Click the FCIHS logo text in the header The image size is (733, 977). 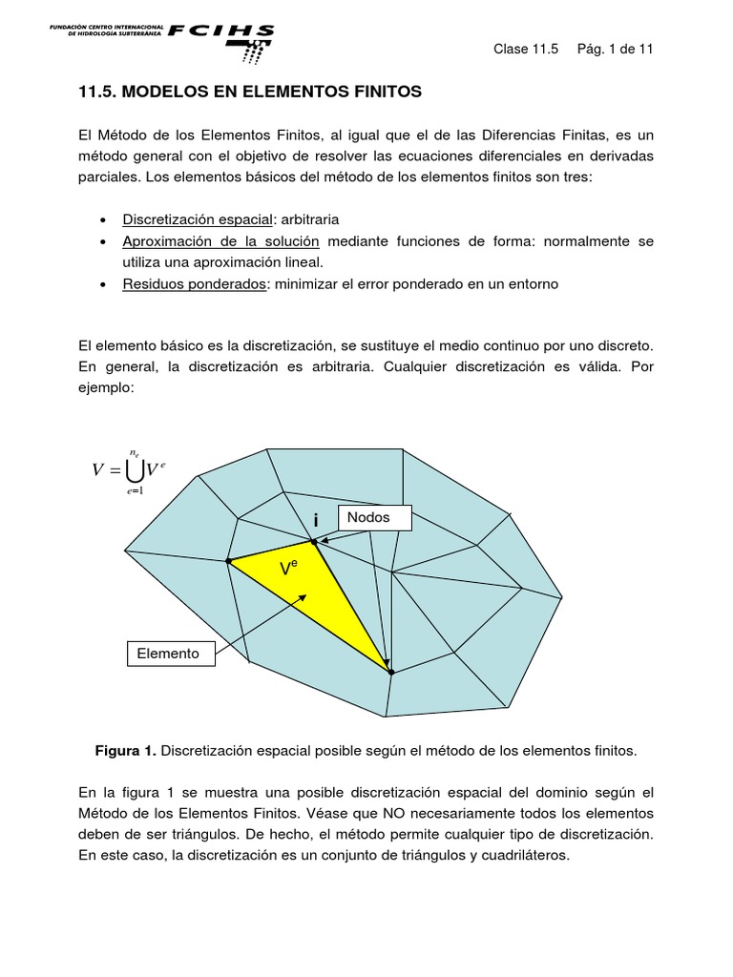coord(220,31)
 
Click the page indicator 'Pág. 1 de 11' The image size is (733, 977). coord(615,50)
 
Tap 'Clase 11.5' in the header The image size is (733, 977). coord(525,50)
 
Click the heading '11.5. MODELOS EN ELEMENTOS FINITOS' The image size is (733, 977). coord(249,93)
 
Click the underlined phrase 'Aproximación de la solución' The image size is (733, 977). coord(220,241)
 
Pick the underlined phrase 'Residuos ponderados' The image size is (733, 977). coord(194,284)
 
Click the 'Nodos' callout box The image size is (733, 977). coord(374,518)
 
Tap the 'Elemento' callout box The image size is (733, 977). coord(170,654)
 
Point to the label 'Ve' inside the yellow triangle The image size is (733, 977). coord(288,570)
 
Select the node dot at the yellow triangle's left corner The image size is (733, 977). coord(228,561)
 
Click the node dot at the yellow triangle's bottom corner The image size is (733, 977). coord(391,673)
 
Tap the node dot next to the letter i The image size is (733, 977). coord(314,542)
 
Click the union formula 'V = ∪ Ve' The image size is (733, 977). coord(129,468)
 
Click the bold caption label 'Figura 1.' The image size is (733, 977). coord(125,751)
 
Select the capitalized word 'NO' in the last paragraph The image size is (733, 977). coord(425,813)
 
